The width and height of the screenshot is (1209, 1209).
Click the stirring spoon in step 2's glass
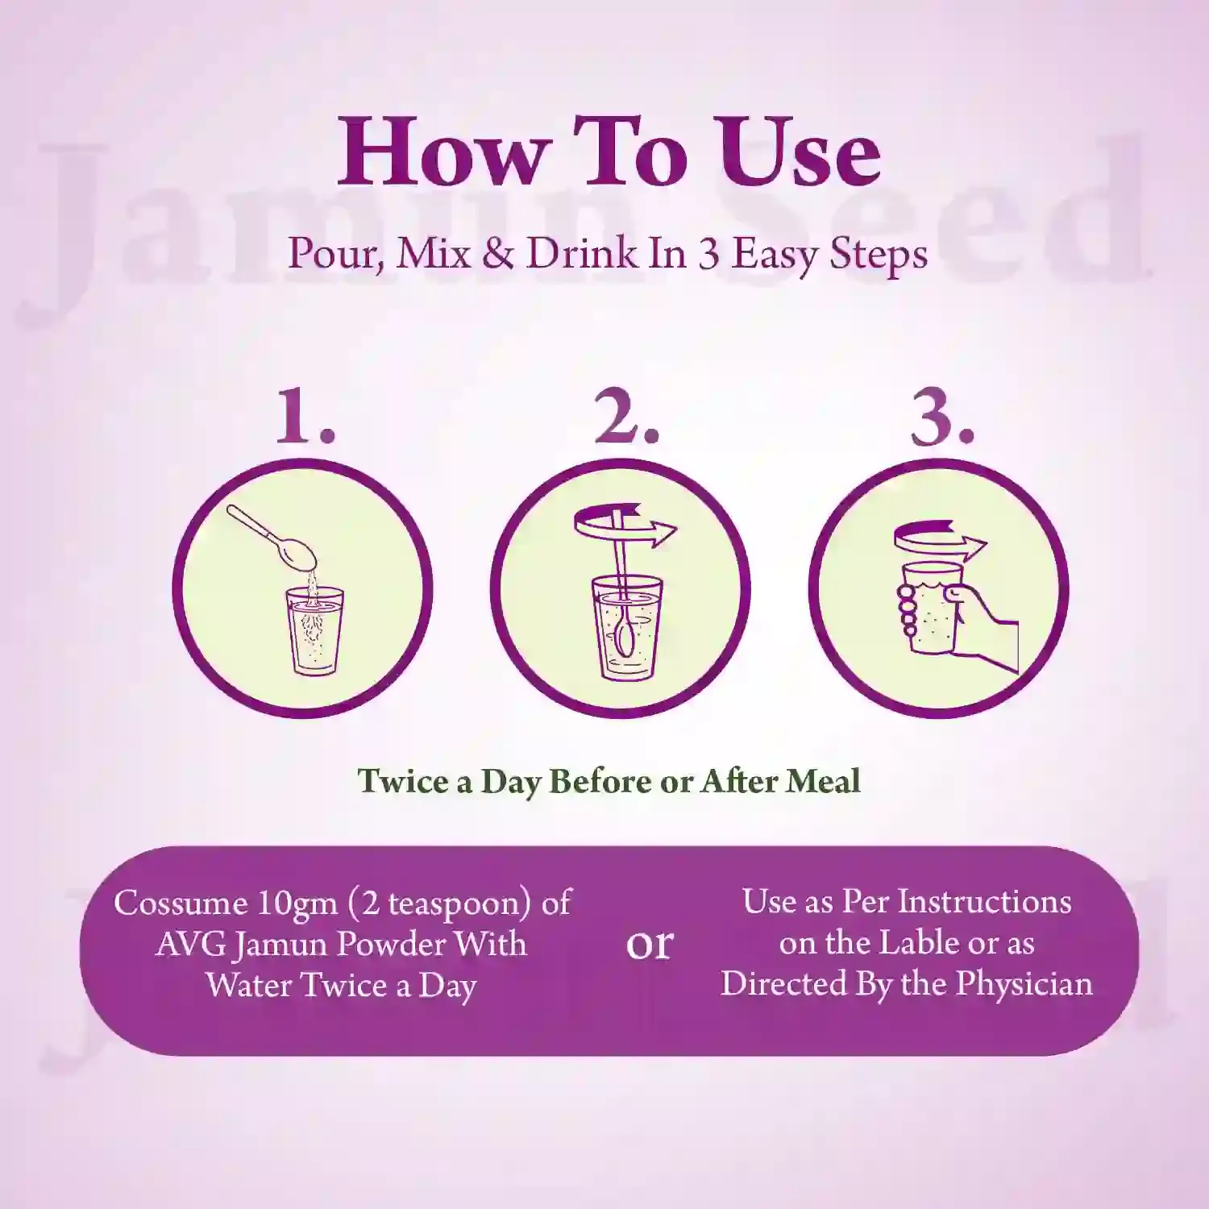pos(623,596)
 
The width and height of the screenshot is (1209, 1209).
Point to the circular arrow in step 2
pos(625,528)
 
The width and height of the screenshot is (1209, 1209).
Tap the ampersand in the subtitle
pos(499,254)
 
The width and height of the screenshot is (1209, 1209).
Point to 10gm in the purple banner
pos(297,904)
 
